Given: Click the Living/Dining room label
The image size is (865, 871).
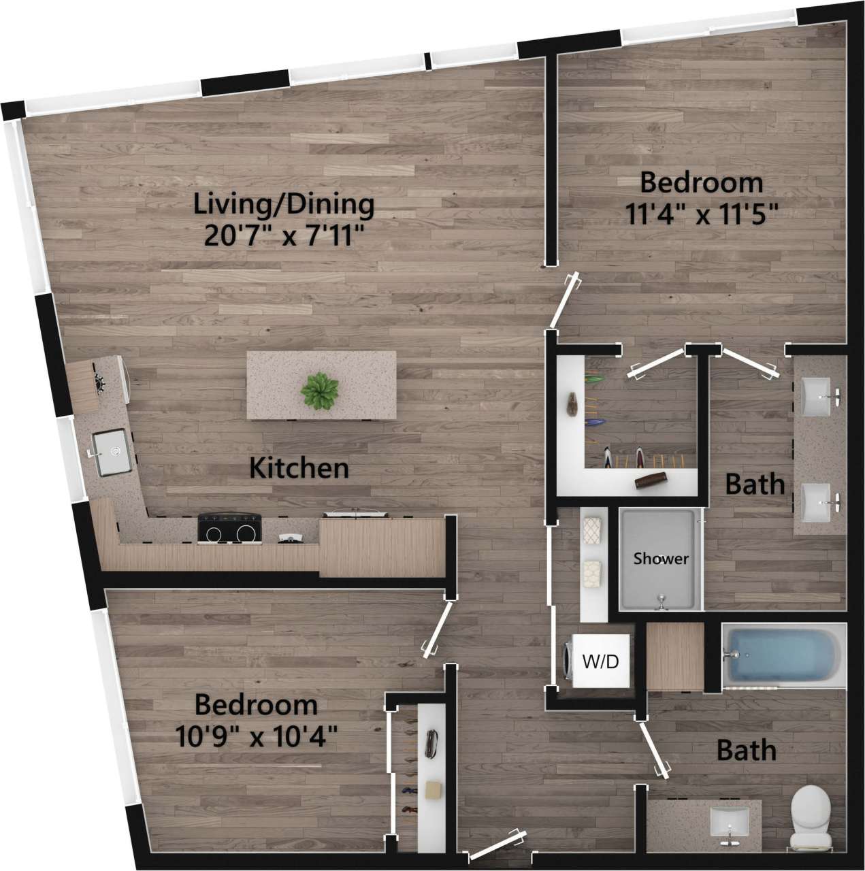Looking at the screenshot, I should coord(284,203).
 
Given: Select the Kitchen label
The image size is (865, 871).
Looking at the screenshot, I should coord(299,468).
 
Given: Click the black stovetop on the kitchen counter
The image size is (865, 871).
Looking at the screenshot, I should coord(230,527).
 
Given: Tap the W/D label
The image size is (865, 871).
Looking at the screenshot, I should coord(601,660).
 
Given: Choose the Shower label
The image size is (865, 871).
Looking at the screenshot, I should coord(661,559).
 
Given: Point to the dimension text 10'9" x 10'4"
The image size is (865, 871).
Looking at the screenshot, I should coord(256,736).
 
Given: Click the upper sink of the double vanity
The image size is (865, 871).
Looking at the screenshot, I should coord(817,395).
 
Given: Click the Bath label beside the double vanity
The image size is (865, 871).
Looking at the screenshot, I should coord(754,484).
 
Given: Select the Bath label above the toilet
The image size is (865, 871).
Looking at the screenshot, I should coord(747,751).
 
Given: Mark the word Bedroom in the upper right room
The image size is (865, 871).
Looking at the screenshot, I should coord(701,182).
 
